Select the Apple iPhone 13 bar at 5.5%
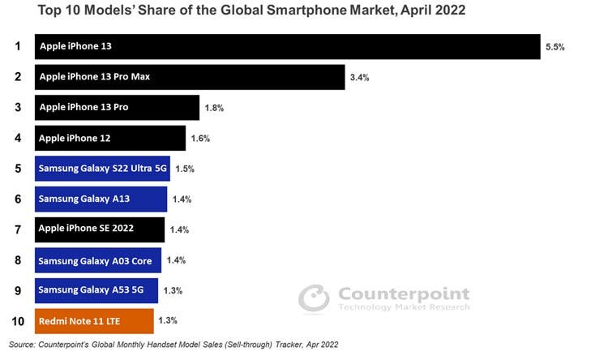tap(287, 46)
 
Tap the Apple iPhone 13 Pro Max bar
tap(190, 77)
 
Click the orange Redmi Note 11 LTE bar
tap(94, 321)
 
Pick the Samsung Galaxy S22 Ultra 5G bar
tap(102, 169)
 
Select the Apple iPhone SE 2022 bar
tap(100, 229)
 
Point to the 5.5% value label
tap(554, 47)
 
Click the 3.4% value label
tap(359, 78)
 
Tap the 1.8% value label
tap(214, 108)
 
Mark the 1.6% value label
tap(200, 139)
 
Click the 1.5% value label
tap(185, 169)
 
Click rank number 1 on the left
tap(17, 46)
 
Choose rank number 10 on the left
tap(17, 321)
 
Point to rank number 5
tap(17, 169)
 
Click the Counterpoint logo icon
tap(314, 298)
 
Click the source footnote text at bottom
tap(173, 345)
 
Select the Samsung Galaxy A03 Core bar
tap(98, 260)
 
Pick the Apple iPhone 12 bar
tap(110, 138)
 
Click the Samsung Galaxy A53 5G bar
tap(96, 290)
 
